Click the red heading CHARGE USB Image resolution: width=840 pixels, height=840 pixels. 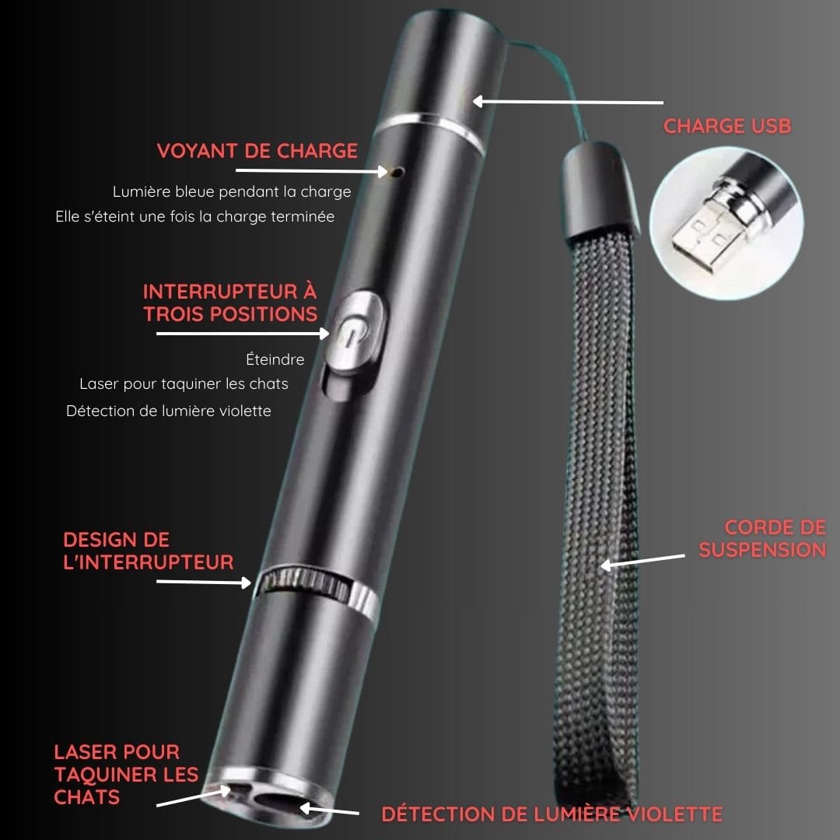pyautogui.click(x=727, y=126)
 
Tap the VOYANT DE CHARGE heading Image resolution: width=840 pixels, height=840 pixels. pyautogui.click(x=257, y=151)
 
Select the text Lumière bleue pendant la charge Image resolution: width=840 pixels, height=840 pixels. pyautogui.click(x=232, y=192)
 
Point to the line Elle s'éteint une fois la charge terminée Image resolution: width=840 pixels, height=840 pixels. pyautogui.click(x=195, y=216)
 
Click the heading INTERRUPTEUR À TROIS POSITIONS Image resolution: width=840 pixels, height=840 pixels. pyautogui.click(x=230, y=303)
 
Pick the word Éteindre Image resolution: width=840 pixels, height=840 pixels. pyautogui.click(x=275, y=359)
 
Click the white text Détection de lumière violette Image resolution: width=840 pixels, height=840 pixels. pyautogui.click(x=168, y=411)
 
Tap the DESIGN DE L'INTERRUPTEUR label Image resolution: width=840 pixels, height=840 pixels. pyautogui.click(x=149, y=551)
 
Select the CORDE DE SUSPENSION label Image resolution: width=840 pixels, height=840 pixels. pyautogui.click(x=762, y=539)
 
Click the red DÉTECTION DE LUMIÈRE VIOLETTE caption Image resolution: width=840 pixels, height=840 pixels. pyautogui.click(x=551, y=814)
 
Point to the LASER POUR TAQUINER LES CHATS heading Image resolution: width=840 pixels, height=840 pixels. pyautogui.click(x=126, y=775)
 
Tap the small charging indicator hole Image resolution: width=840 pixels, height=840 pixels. pyautogui.click(x=397, y=172)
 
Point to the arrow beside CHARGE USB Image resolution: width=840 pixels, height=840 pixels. pyautogui.click(x=568, y=101)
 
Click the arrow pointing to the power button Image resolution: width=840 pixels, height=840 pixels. pyautogui.click(x=243, y=333)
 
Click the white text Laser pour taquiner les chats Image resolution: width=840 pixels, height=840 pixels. pyautogui.click(x=184, y=383)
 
